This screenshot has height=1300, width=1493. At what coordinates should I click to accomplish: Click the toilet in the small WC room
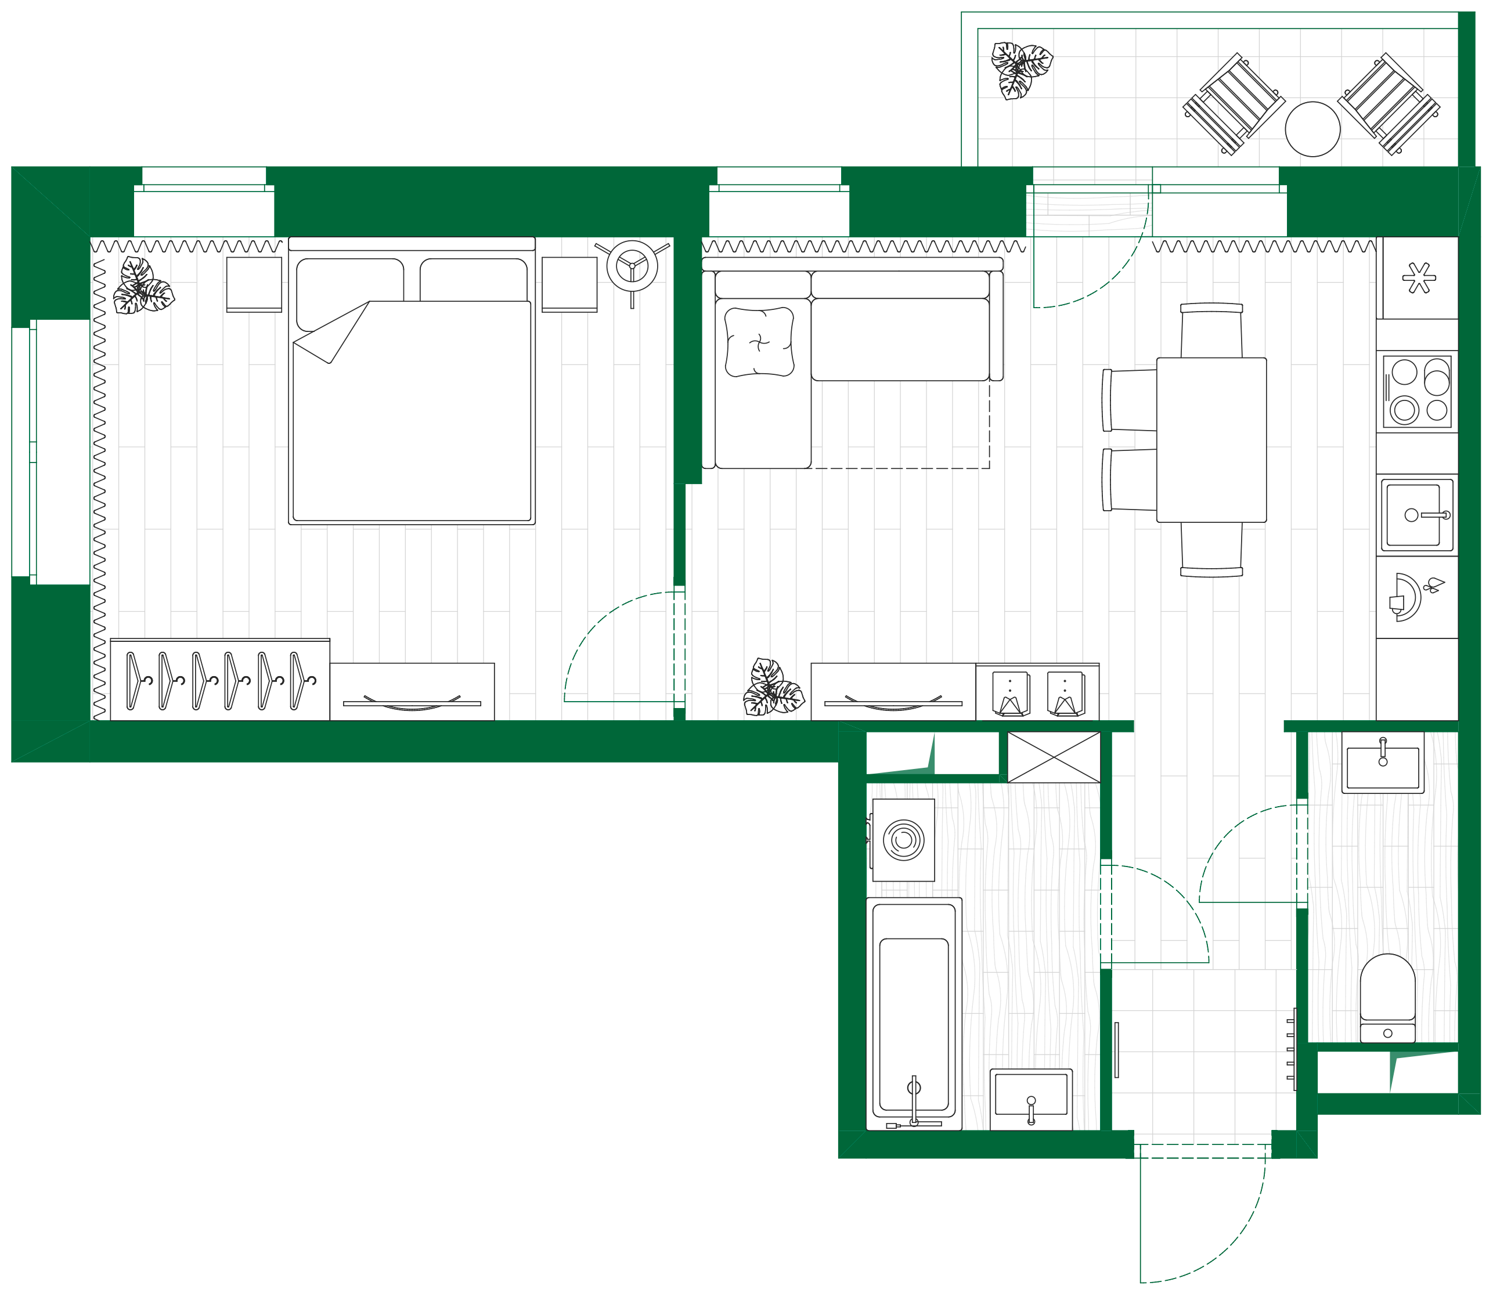click(1387, 998)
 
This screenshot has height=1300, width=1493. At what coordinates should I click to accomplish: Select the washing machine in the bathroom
click(903, 840)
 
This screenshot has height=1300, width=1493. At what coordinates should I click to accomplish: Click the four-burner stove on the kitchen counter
click(1417, 391)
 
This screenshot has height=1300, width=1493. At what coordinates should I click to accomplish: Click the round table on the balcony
click(1312, 129)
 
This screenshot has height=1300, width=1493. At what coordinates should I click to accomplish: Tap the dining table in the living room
click(1211, 440)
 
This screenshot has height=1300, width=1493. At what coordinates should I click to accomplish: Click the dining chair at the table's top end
click(1211, 331)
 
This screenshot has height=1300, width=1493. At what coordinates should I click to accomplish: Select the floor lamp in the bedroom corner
click(632, 266)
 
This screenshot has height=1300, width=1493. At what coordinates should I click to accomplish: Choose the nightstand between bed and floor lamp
click(569, 284)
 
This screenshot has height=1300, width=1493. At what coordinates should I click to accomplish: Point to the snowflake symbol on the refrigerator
click(1419, 278)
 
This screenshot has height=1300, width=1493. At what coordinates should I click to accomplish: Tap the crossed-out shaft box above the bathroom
click(1054, 757)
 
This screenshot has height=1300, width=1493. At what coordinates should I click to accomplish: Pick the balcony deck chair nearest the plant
click(1234, 104)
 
